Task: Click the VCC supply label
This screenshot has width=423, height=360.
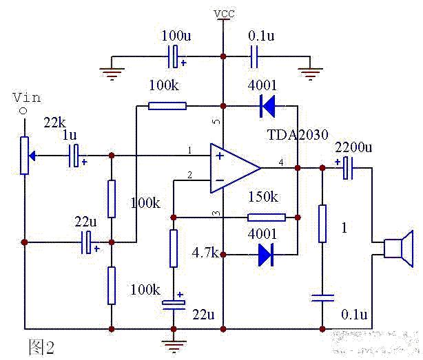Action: coord(224,14)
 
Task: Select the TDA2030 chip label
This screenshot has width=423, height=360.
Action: coord(298,134)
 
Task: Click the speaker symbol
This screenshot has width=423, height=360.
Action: coord(398,248)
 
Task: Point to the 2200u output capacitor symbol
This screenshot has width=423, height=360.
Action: coord(348,168)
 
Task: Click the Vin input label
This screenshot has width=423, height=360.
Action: coord(27,98)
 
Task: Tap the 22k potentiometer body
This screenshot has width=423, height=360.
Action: coord(25,156)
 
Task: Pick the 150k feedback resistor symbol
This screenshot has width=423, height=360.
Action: coord(267,218)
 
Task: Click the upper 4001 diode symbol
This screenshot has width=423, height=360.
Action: coord(267,106)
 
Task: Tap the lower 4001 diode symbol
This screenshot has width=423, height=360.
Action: coord(266,255)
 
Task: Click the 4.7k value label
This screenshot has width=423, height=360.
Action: coord(205,253)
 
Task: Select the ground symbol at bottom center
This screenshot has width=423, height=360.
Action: coord(174,346)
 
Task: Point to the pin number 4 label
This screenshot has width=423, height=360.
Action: coord(281,162)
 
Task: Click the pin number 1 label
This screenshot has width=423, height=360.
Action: coord(190,150)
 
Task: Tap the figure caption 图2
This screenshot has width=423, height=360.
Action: coord(41,347)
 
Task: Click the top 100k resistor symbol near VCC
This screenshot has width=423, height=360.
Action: coord(167,106)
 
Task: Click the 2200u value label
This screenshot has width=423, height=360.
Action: coord(353,147)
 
